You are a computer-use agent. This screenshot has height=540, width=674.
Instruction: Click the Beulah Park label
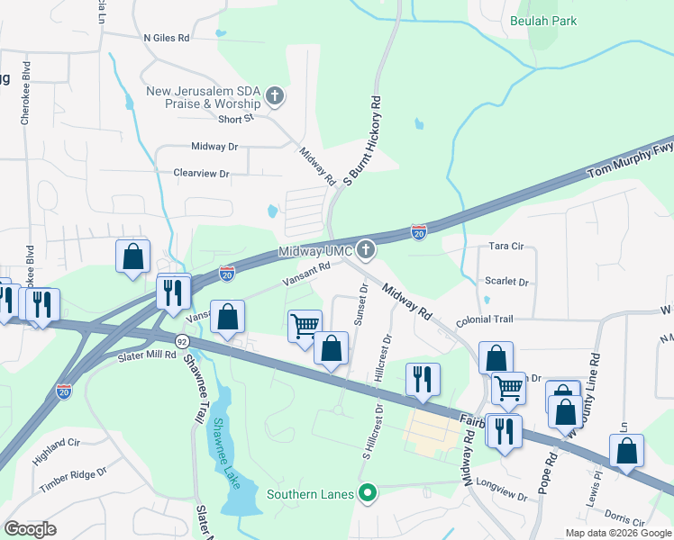pos(542,21)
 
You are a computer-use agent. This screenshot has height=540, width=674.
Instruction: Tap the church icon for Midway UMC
pos(366,249)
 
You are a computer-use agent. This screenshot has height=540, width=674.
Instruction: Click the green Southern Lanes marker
pos(366,493)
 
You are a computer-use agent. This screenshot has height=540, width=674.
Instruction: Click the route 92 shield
pos(182,341)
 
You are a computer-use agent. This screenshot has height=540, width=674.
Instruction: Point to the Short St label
pos(236,118)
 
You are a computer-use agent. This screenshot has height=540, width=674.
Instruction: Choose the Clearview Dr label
pos(202,173)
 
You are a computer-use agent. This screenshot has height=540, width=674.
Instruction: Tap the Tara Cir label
pos(505,246)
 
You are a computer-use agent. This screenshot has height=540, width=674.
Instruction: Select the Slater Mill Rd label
pos(147,355)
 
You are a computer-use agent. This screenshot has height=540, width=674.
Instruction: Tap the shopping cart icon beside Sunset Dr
pos(305,325)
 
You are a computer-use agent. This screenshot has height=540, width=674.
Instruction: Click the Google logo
pos(31,529)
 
